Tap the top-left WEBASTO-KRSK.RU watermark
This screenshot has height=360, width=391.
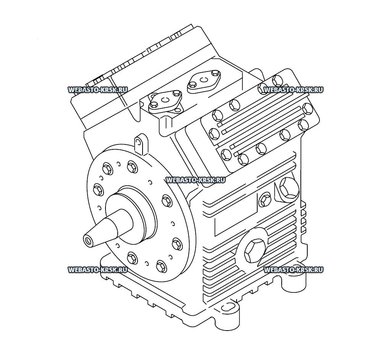click(97, 90)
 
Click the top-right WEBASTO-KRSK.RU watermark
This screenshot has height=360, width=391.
click(294, 90)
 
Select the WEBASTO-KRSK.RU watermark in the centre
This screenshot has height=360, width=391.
click(195, 180)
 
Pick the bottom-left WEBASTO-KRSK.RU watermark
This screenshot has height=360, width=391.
click(97, 270)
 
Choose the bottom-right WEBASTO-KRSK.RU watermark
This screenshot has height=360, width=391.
click(294, 270)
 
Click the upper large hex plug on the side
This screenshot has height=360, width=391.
click(289, 188)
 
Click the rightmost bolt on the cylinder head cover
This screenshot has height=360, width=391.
click(307, 109)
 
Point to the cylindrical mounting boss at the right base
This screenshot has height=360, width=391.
click(295, 282)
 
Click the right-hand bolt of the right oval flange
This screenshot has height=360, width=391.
click(216, 73)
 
